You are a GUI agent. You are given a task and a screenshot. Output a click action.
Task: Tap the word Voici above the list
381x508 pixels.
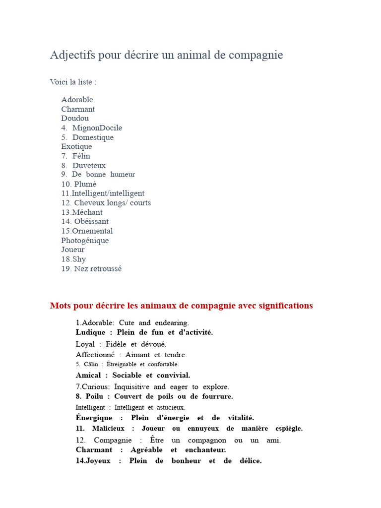[x=60, y=82]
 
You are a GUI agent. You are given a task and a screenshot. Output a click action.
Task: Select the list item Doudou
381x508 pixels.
[x=75, y=119]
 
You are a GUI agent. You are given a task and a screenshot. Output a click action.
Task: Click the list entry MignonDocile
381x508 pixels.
[x=97, y=128]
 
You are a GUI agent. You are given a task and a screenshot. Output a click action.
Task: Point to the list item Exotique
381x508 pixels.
[x=76, y=147]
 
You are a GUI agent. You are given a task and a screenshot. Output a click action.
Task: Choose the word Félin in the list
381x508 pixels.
[x=81, y=156]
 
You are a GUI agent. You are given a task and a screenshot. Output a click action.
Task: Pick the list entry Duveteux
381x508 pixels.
[x=89, y=166]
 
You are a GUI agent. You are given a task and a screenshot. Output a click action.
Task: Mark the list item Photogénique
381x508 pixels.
[x=85, y=241]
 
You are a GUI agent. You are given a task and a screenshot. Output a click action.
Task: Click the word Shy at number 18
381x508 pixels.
[x=79, y=259]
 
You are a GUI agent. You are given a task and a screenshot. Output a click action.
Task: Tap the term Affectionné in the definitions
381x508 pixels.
[x=95, y=355]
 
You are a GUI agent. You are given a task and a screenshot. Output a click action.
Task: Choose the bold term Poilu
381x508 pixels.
[x=94, y=396]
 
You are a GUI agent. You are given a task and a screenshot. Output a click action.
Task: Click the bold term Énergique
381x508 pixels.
[x=94, y=418]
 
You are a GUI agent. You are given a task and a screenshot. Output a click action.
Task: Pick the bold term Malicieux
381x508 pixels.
[x=109, y=428]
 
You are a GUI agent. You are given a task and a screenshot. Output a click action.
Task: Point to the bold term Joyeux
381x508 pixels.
[x=99, y=461]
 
